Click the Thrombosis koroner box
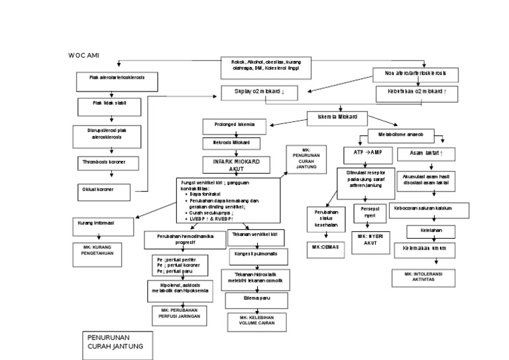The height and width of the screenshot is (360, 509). pyautogui.click(x=108, y=161)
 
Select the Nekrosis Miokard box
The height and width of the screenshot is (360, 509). pyautogui.click(x=227, y=143)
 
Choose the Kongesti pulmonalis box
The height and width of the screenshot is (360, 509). pyautogui.click(x=255, y=254)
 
